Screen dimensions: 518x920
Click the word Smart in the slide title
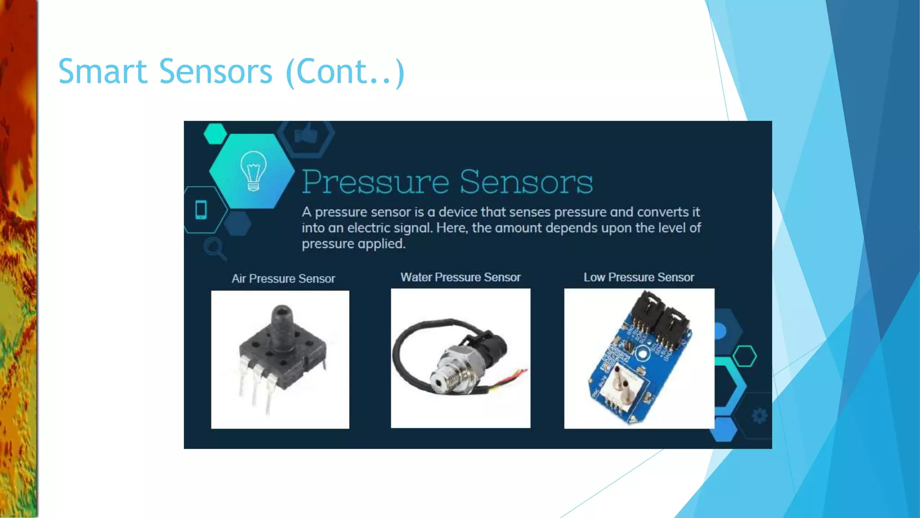click(103, 71)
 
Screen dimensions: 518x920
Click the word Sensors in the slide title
click(216, 71)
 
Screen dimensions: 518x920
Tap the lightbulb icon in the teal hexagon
click(253, 171)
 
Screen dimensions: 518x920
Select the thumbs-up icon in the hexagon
click(306, 134)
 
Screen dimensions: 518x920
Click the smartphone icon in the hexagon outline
click(201, 210)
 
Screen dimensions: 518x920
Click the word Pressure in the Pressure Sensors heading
click(375, 182)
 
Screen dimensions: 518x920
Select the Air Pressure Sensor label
click(283, 279)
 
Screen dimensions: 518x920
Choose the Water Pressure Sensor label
click(460, 277)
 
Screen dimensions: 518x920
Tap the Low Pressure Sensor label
click(638, 277)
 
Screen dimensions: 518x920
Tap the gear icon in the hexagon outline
click(759, 416)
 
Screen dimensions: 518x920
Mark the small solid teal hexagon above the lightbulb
click(215, 134)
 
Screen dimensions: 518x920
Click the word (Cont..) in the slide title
click(345, 71)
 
